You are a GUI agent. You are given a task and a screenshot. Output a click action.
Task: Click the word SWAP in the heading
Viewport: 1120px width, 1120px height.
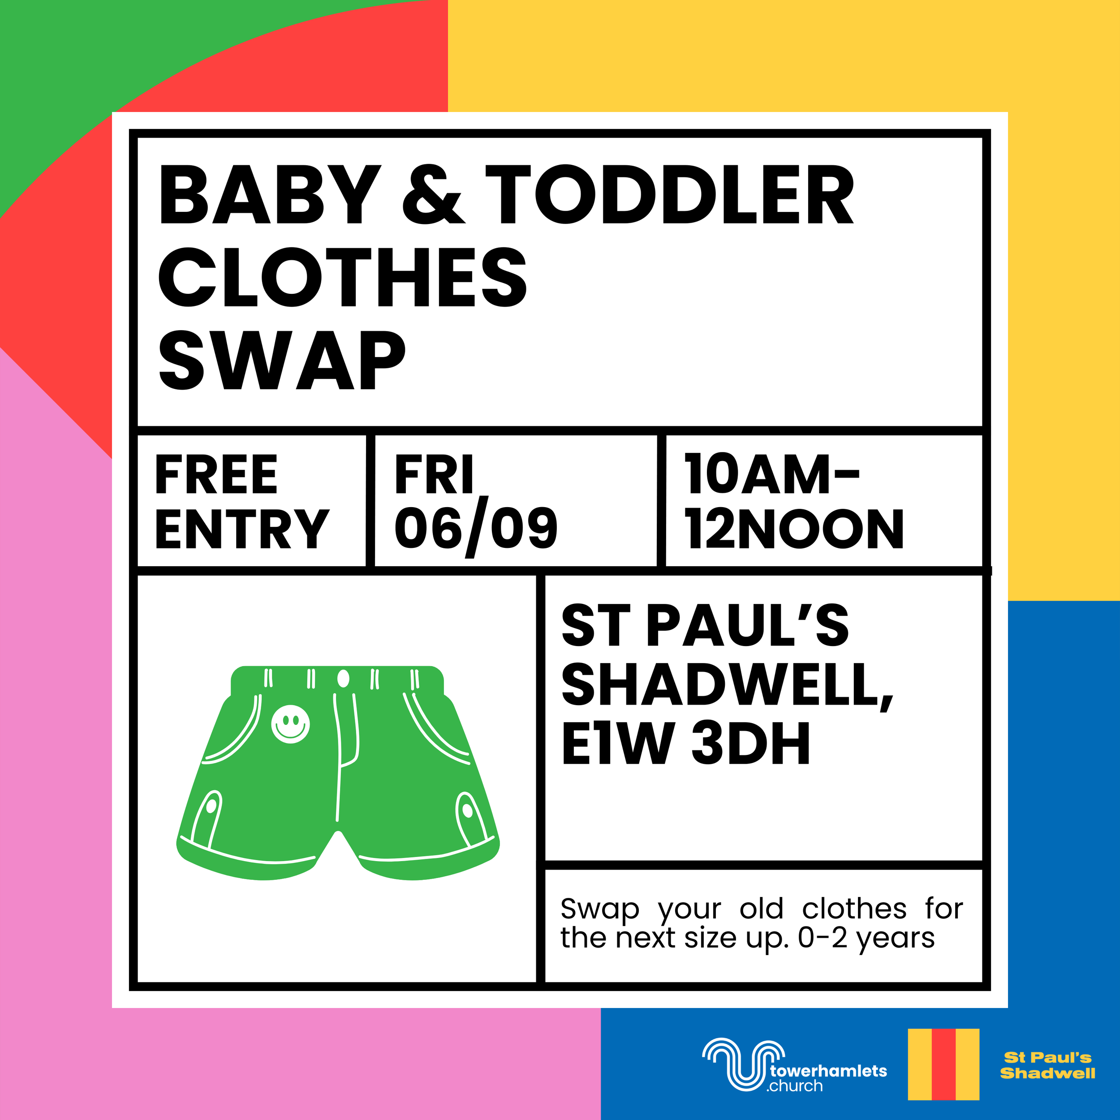coord(282,360)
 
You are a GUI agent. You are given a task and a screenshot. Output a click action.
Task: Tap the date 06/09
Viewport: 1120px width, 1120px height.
coord(475,528)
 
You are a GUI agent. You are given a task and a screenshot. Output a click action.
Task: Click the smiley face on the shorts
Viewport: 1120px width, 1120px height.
coord(290,724)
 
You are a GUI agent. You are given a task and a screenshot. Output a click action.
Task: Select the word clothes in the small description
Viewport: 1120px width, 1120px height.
coord(854,909)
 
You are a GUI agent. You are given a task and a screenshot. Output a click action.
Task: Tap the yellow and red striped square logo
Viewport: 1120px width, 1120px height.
coord(943,1064)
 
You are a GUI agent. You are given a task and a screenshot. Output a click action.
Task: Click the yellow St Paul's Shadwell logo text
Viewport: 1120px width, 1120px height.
coord(1047,1065)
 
